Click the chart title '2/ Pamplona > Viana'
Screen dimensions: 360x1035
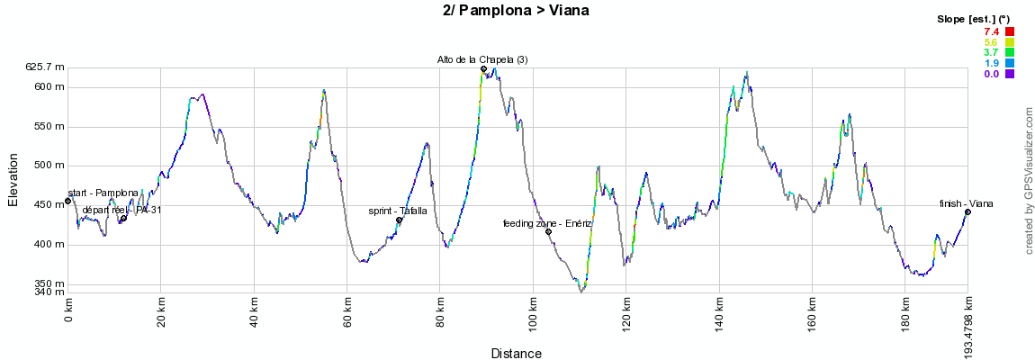(x=517, y=11)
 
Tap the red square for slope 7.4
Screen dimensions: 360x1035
(x=1010, y=32)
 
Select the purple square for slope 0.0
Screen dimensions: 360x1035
(x=1010, y=74)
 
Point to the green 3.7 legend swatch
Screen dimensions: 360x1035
(x=1010, y=53)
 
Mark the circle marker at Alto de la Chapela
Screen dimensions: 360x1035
(x=483, y=68)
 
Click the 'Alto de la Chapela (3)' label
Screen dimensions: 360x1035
(x=482, y=59)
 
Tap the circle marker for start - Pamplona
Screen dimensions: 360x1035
(x=67, y=201)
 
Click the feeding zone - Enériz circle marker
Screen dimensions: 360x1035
(x=548, y=231)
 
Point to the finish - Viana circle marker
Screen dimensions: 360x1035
(x=967, y=211)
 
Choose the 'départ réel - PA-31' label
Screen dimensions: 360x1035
(x=121, y=210)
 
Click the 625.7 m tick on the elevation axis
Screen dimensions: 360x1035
(x=45, y=67)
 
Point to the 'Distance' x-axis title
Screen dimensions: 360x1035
(x=517, y=354)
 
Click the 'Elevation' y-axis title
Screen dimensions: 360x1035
(x=13, y=179)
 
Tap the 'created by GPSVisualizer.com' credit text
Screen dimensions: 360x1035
(x=1029, y=179)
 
